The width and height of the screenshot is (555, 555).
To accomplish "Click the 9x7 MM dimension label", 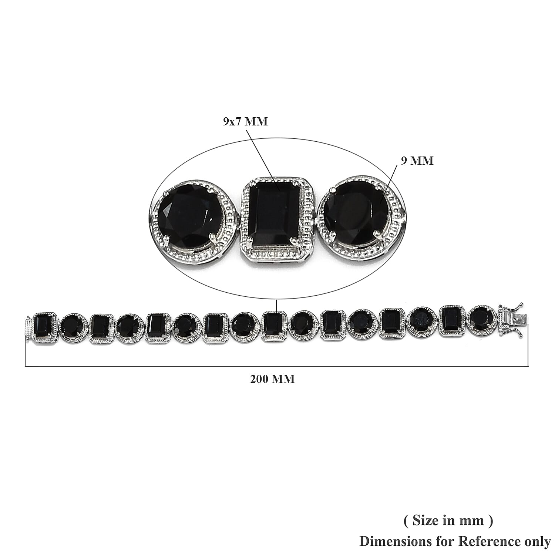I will click(x=245, y=121).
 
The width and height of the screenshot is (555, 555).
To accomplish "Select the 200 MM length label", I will click(x=273, y=379).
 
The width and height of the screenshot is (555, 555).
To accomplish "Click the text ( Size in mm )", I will click(x=448, y=520).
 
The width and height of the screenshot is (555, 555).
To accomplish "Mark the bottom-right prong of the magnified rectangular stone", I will click(x=295, y=242).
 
